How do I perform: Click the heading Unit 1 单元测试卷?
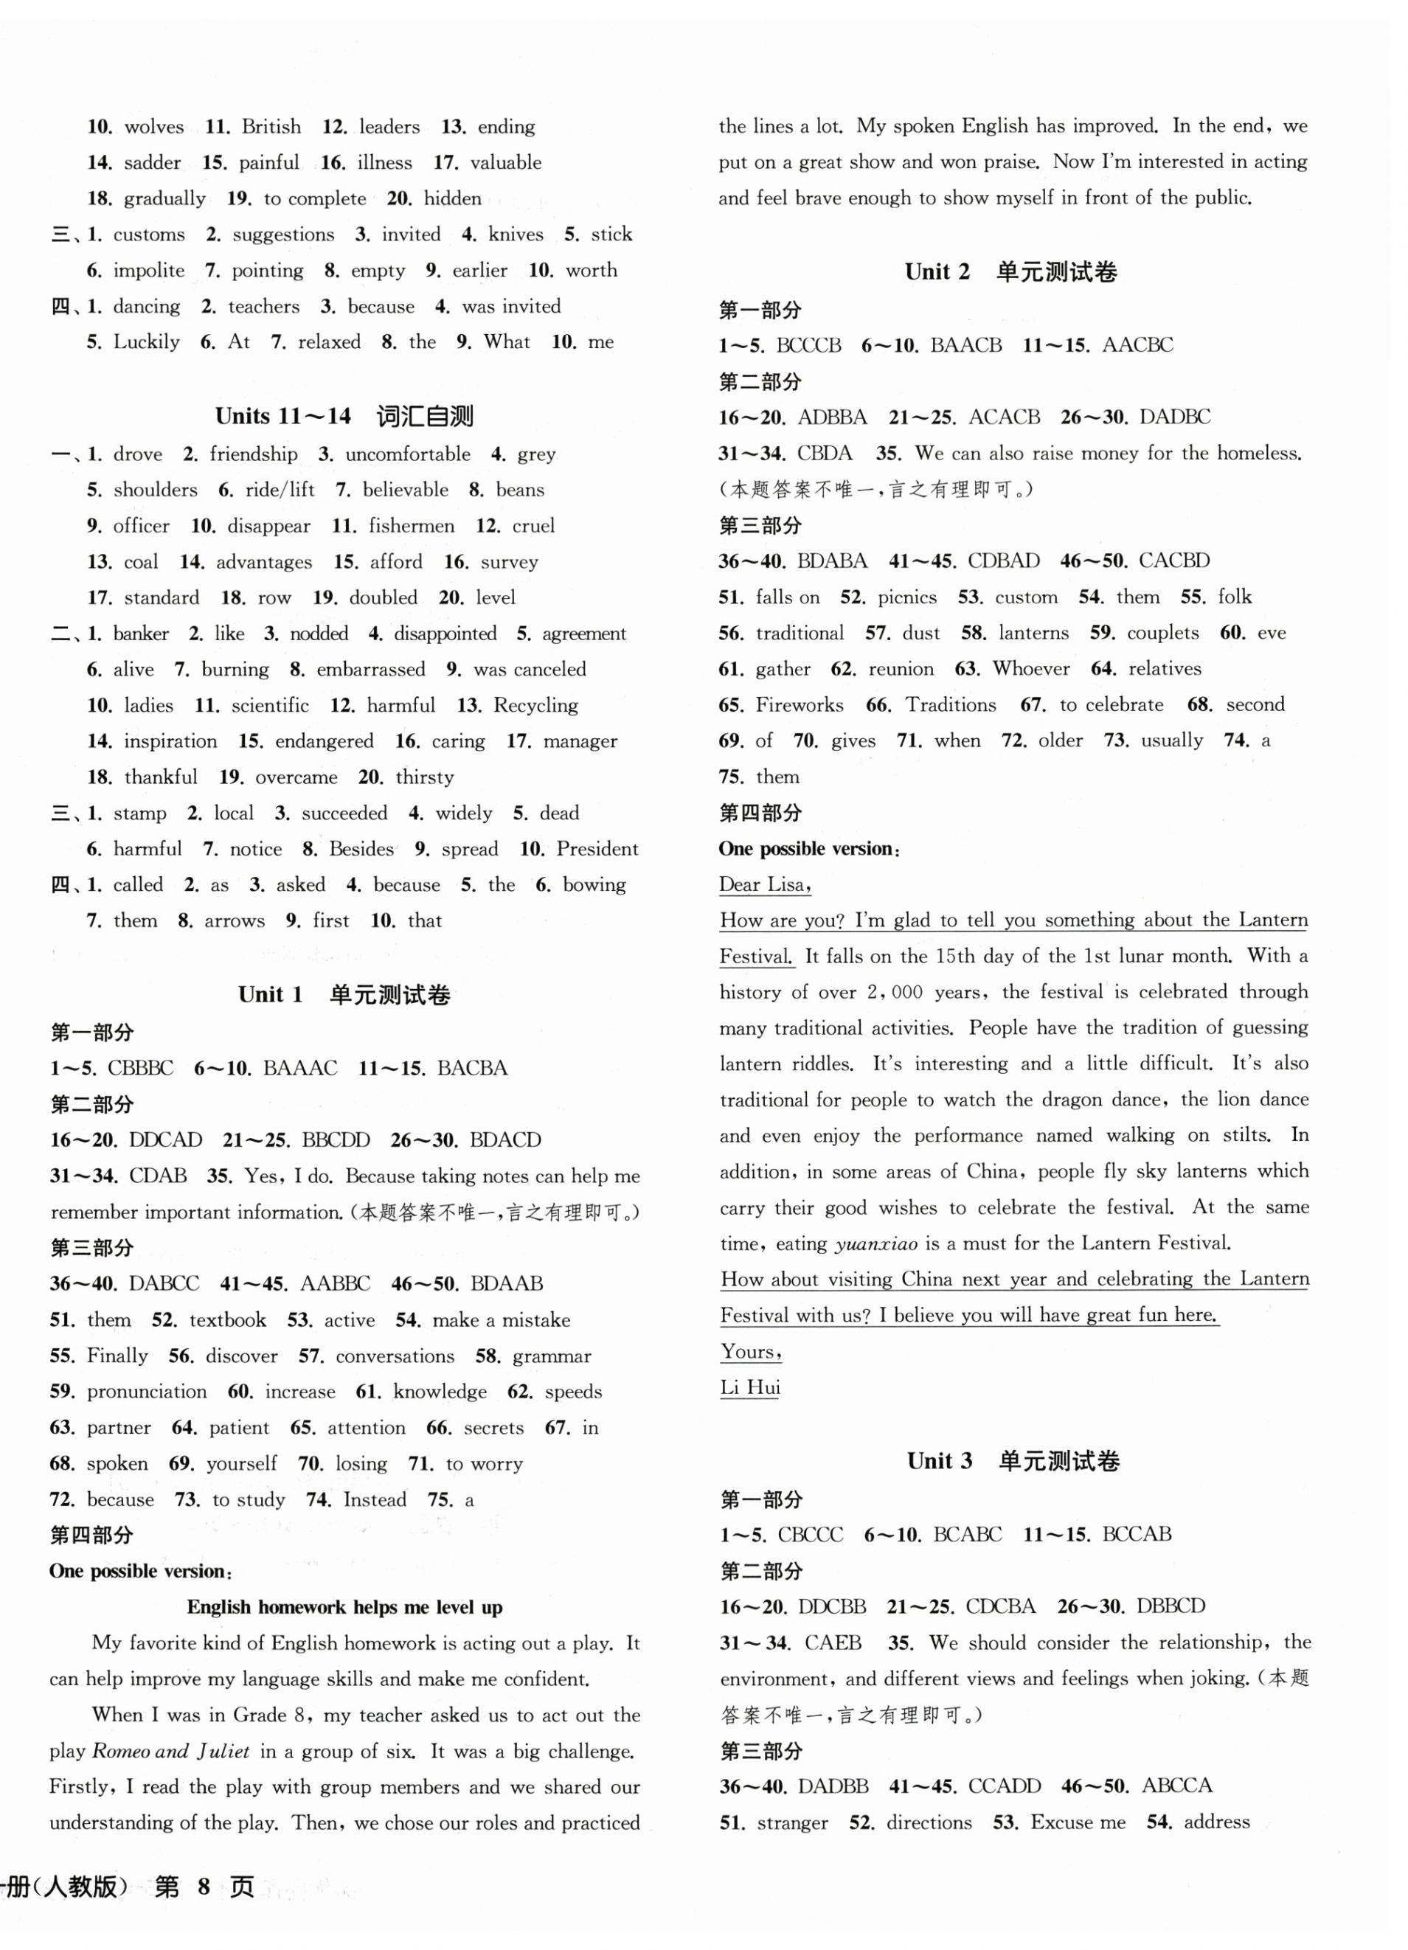(x=344, y=996)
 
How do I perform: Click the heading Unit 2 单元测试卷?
(x=1011, y=273)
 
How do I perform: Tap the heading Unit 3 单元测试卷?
(x=1013, y=1461)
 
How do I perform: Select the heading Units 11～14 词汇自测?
(x=344, y=417)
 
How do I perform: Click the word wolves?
(x=154, y=128)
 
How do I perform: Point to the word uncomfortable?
(x=407, y=454)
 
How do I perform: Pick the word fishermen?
(x=411, y=526)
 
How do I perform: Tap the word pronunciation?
(x=147, y=1392)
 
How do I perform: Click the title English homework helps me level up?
(x=344, y=1608)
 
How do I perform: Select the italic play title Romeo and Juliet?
(x=170, y=1752)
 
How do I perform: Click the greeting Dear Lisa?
(x=765, y=885)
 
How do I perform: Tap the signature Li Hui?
(x=749, y=1388)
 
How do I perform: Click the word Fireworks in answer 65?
(x=800, y=705)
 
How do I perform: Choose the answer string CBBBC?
(x=140, y=1069)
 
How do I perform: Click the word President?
(x=597, y=850)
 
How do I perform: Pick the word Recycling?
(x=535, y=706)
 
